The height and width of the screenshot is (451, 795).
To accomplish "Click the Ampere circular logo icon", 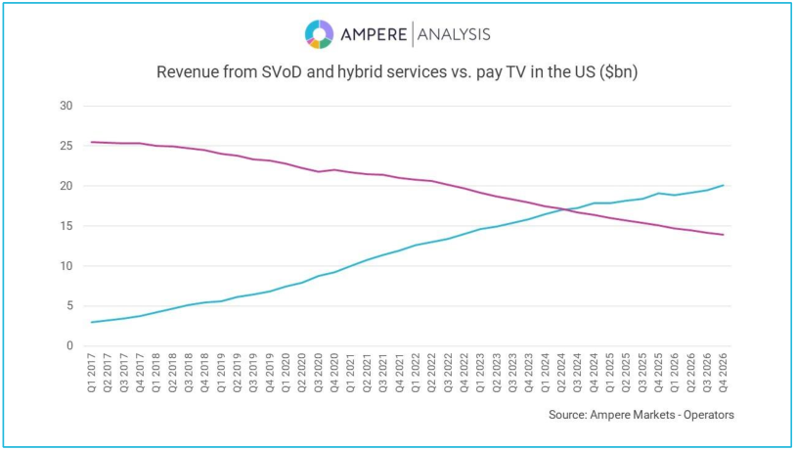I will point(319,34).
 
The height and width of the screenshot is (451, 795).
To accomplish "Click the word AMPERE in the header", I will point(374,35).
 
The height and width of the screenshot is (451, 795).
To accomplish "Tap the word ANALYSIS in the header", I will point(454,35).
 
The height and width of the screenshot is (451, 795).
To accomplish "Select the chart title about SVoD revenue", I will point(397,72).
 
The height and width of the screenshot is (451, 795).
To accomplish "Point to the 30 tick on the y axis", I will point(66,106).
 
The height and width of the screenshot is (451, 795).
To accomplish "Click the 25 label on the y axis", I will point(66,146).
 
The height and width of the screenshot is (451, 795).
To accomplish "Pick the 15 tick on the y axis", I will point(66,226).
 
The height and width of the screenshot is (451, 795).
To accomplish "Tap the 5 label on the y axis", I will point(69,306).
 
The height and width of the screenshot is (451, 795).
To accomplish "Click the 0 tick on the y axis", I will point(69,346).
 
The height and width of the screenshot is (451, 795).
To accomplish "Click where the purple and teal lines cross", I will point(565,209).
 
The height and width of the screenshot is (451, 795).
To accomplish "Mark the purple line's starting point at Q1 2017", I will point(92,142).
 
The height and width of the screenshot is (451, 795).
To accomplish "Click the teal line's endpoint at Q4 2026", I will point(724,185).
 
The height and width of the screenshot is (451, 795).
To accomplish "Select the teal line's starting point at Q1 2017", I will point(92,322).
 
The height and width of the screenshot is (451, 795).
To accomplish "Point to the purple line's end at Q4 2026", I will point(724,235).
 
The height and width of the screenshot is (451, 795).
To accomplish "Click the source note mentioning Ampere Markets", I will point(640,415).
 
